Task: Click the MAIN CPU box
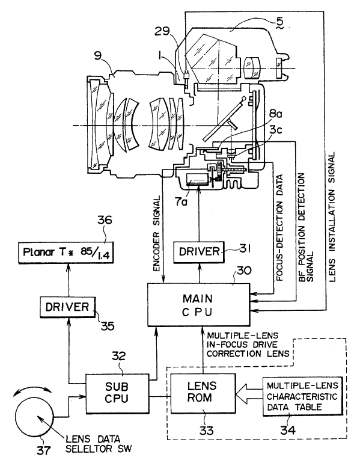pyautogui.click(x=198, y=304)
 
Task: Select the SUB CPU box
pyautogui.click(x=117, y=393)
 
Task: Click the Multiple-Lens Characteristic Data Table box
pyautogui.click(x=302, y=396)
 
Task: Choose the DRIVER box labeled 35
pyautogui.click(x=67, y=307)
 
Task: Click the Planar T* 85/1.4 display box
pyautogui.click(x=66, y=252)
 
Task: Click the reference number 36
pyautogui.click(x=105, y=220)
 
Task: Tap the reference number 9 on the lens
pyautogui.click(x=98, y=57)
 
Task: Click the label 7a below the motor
pyautogui.click(x=182, y=202)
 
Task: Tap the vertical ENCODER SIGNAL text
pyautogui.click(x=157, y=234)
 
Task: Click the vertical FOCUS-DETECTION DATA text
pyautogui.click(x=280, y=228)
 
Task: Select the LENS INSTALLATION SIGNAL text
pyautogui.click(x=332, y=218)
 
